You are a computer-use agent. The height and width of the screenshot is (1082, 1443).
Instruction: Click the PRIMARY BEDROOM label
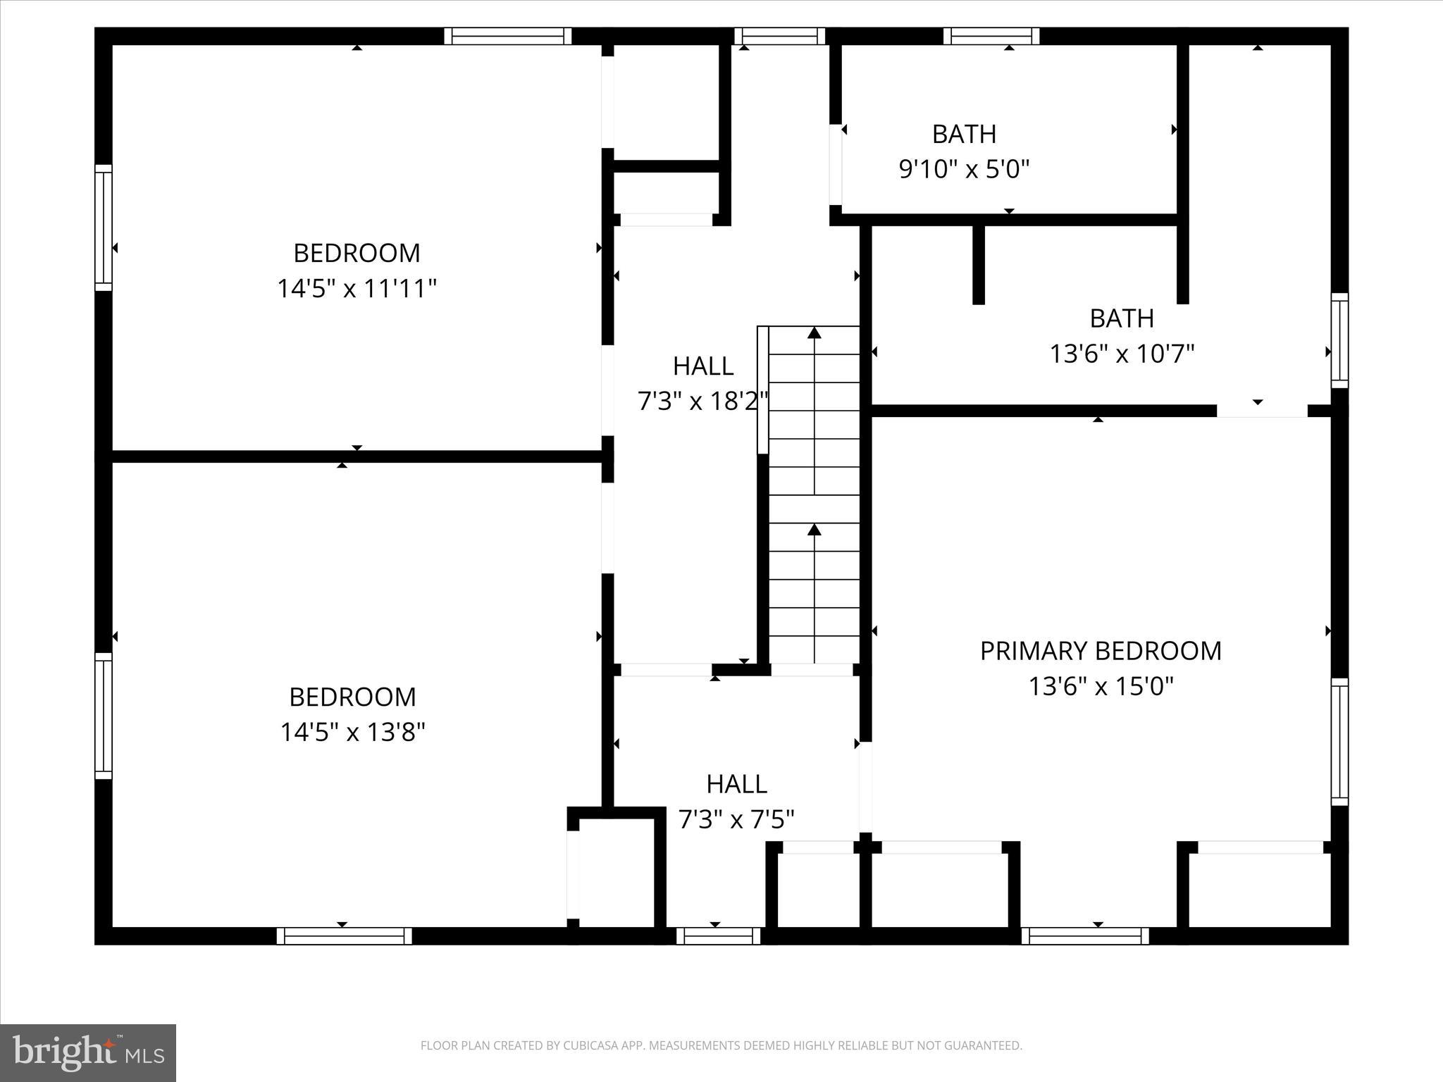pos(1101,651)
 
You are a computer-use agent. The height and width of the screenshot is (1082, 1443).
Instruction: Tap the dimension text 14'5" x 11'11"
pos(357,289)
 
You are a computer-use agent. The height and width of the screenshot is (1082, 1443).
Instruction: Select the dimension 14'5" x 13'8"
pos(352,733)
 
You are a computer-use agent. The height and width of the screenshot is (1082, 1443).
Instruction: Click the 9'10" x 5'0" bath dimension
pos(964,169)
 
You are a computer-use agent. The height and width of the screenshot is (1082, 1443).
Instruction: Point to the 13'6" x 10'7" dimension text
pos(1122,354)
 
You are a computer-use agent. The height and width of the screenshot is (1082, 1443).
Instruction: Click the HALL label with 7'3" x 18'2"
pos(702,366)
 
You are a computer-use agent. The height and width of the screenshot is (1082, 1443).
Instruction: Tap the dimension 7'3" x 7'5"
pos(736,820)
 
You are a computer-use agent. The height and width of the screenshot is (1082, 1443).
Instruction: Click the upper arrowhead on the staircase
pos(815,332)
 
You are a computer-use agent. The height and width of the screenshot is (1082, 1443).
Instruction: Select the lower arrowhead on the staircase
pos(815,529)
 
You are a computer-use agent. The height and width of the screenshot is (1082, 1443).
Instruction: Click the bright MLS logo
pos(88,1053)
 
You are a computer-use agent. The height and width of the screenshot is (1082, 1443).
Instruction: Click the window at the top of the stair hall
pos(779,36)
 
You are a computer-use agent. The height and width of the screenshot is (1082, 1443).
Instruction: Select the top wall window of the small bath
pos(991,36)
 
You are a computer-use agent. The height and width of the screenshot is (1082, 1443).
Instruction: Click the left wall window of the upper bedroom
pos(104,228)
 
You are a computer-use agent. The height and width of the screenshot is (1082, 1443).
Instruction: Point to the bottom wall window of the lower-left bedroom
pos(344,936)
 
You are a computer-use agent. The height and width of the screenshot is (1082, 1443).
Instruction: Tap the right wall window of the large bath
pos(1339,340)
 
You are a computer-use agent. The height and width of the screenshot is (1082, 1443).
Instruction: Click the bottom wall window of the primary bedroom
pos(1085,936)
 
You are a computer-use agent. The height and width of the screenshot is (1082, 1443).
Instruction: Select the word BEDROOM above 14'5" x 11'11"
pos(357,253)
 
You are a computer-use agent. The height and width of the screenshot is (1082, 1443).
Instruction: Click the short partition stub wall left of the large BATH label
pos(978,264)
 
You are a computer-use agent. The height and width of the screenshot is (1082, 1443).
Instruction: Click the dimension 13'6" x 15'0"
pos(1101,686)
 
